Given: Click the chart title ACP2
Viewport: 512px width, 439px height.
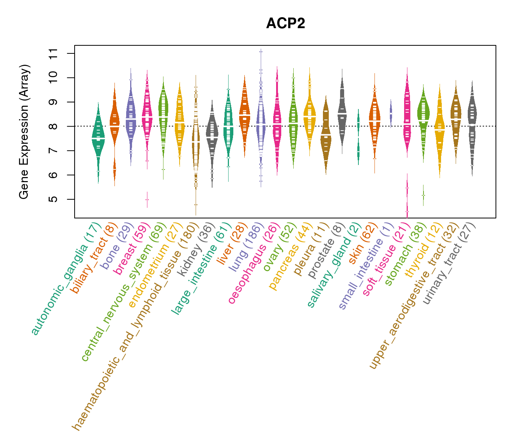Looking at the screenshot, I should [x=286, y=23].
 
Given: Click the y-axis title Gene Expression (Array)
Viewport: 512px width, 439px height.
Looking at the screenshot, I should [x=24, y=132].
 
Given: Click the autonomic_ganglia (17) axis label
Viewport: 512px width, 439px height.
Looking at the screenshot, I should [x=66, y=278].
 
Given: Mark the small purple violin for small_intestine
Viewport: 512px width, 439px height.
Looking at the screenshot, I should [x=391, y=113].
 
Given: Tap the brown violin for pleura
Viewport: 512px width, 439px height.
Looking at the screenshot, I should [x=326, y=135].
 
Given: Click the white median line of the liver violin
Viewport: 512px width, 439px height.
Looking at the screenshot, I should [x=245, y=115].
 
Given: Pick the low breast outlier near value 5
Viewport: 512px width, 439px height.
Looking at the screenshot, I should [x=147, y=200].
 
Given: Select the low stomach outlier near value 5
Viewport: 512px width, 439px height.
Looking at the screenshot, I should [x=423, y=195].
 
